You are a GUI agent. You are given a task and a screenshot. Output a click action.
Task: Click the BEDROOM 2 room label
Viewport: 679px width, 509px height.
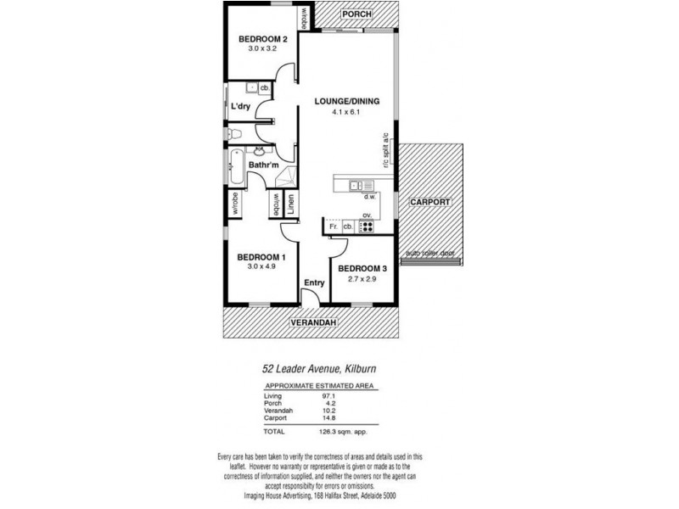[262, 39]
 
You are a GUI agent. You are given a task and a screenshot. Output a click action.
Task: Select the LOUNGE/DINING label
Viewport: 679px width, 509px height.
[346, 101]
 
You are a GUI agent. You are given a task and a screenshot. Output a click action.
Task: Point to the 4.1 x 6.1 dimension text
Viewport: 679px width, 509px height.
[346, 112]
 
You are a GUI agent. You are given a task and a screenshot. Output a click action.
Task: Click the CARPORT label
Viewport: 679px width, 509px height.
[430, 202]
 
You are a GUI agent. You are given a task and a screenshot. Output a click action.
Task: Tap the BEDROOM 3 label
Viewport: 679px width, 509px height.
[362, 269]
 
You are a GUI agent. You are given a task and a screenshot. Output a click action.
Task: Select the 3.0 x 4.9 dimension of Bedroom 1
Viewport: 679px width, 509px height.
[261, 267]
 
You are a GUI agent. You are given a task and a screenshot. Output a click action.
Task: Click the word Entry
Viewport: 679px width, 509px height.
[314, 282]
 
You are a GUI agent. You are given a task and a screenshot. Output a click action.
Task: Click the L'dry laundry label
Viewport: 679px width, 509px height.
[240, 107]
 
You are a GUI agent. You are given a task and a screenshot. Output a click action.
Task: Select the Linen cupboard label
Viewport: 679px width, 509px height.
[290, 204]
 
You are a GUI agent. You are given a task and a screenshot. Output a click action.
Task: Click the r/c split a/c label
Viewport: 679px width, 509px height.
[385, 151]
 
